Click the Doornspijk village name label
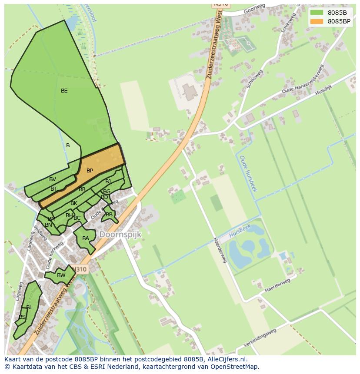pyautogui.click(x=120, y=235)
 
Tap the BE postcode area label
pyautogui.click(x=64, y=91)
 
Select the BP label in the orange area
pyautogui.click(x=90, y=171)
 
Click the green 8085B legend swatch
pyautogui.click(x=317, y=13)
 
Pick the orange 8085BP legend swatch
pyautogui.click(x=317, y=21)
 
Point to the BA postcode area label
pyautogui.click(x=86, y=238)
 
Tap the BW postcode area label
pyautogui.click(x=61, y=275)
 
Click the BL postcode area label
pyautogui.click(x=29, y=308)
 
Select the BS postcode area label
pyautogui.click(x=22, y=318)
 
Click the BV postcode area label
pyautogui.click(x=53, y=179)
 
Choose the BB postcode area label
pyautogui.click(x=109, y=215)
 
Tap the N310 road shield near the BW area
pyautogui.click(x=80, y=269)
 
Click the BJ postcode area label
pyautogui.click(x=108, y=182)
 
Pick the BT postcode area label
pyautogui.click(x=53, y=189)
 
